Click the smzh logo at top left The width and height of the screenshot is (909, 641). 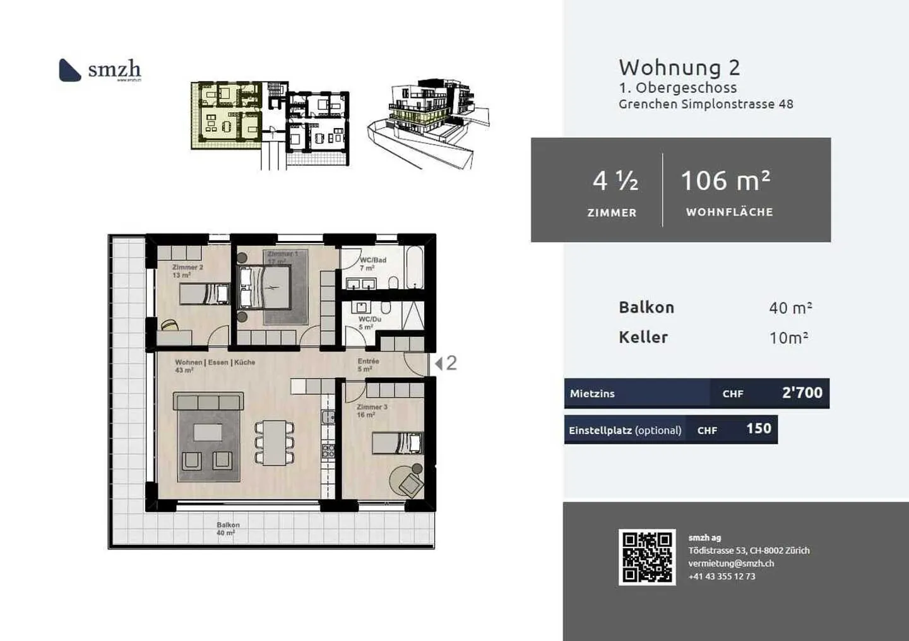click(100, 70)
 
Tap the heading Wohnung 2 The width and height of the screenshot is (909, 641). click(679, 68)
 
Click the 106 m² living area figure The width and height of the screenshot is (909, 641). click(725, 181)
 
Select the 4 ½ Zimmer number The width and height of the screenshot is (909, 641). click(615, 181)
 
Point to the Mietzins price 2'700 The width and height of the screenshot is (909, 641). click(802, 392)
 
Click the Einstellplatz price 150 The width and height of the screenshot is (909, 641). click(758, 429)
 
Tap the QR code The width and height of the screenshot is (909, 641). click(647, 557)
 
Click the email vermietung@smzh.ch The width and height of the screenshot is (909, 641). click(731, 563)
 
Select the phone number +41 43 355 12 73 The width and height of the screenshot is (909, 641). click(722, 576)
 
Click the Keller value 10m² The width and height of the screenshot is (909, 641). click(788, 338)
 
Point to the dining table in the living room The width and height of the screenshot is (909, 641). click(275, 442)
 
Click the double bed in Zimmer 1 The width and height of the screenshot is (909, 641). click(265, 287)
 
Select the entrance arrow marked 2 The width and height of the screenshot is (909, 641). click(446, 363)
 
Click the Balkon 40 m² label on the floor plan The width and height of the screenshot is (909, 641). click(227, 529)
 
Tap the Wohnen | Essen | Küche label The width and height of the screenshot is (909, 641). click(215, 363)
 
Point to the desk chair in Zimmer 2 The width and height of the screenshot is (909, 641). click(169, 326)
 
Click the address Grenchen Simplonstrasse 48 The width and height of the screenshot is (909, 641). click(706, 104)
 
